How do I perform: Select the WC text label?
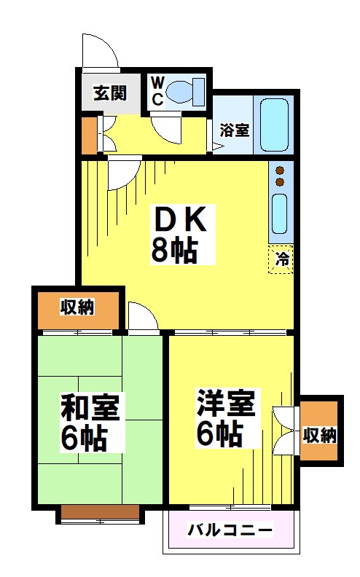coord(157,92)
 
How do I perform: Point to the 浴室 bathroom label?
coord(235,131)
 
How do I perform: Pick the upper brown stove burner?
coord(280,171)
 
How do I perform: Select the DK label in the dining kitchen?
coord(180,219)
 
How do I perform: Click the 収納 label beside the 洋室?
coord(319,436)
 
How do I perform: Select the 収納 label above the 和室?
coord(77,307)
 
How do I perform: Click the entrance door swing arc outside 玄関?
coord(99,50)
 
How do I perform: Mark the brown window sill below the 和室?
coord(100,514)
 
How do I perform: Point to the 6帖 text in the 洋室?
coord(219,435)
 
